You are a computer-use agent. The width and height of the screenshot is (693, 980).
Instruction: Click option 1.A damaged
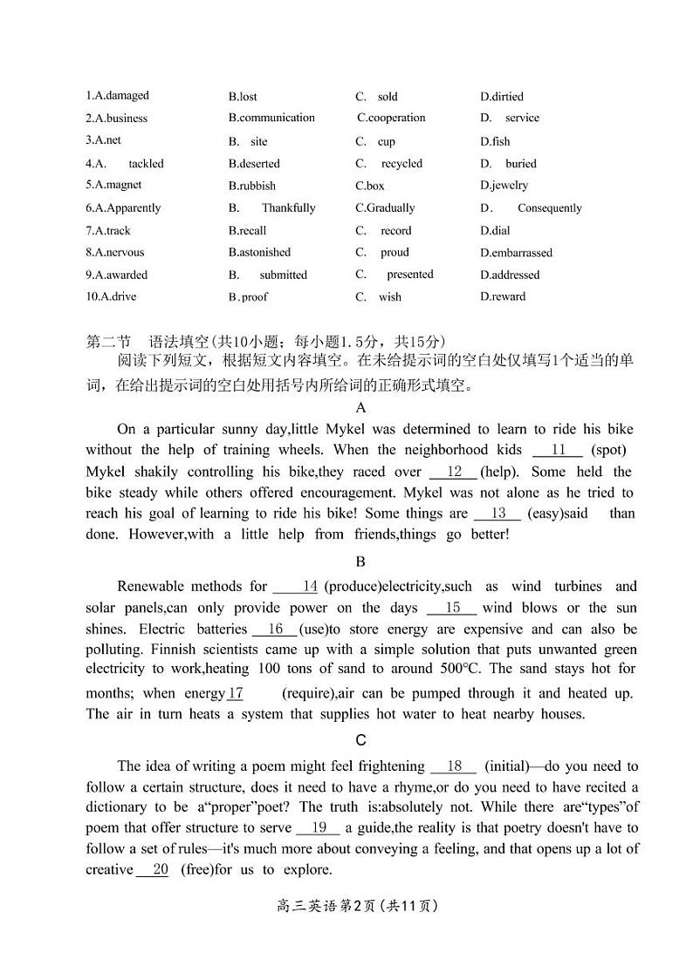[x=118, y=96]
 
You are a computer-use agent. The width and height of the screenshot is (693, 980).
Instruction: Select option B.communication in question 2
[x=271, y=118]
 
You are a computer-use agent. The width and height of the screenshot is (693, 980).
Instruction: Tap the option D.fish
[x=495, y=141]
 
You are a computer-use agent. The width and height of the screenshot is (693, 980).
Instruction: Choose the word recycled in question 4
[x=401, y=164]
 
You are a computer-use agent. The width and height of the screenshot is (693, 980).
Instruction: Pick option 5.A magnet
[x=113, y=185]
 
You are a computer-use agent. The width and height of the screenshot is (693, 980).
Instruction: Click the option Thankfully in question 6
[x=288, y=208]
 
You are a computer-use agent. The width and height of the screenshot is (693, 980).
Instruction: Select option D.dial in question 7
[x=495, y=231]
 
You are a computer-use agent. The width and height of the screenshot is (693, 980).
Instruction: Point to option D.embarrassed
[x=516, y=253]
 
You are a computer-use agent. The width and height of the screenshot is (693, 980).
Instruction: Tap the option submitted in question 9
[x=283, y=275]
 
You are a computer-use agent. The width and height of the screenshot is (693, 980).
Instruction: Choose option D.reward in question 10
[x=503, y=296]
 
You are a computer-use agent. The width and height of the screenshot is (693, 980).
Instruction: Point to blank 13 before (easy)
[x=498, y=514]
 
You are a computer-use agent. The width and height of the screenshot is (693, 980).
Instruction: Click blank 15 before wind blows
[x=453, y=609]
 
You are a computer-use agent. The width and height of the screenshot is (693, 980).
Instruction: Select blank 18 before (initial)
[x=454, y=766]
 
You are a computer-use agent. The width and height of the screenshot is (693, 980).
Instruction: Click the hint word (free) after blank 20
[x=196, y=870]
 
